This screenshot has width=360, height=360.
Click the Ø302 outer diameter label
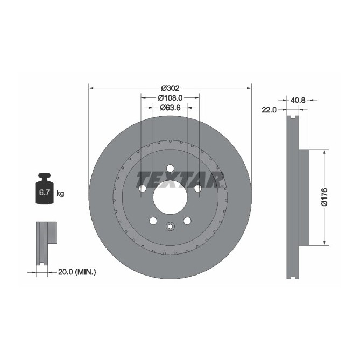[170, 87]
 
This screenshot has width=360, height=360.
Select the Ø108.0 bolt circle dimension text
[171, 98]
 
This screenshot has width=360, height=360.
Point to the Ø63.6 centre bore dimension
[170, 108]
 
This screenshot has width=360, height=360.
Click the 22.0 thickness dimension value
[269, 110]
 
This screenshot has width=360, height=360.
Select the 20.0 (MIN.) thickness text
[76, 272]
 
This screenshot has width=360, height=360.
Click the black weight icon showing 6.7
[44, 190]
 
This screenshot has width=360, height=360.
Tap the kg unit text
[60, 193]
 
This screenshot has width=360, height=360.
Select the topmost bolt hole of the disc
[170, 168]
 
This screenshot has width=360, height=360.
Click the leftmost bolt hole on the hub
[143, 188]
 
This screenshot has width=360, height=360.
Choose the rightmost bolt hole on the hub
[197, 188]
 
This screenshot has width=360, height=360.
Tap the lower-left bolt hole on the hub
[153, 221]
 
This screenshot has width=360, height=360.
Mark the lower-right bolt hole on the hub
[187, 221]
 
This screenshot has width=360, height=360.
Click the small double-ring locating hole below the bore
[170, 226]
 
